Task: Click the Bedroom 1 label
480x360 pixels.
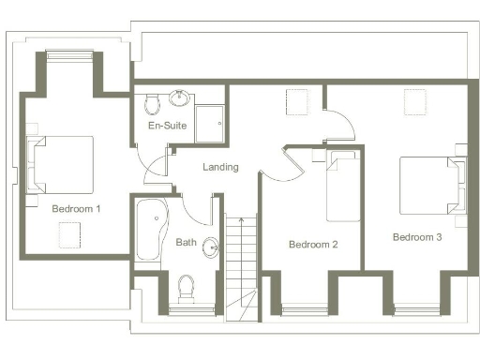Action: click(76, 208)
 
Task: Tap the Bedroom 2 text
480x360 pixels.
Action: click(312, 245)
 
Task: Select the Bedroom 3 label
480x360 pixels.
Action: click(417, 236)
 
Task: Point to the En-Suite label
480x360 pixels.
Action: click(167, 126)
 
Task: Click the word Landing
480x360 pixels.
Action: click(220, 167)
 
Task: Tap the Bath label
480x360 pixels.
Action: click(186, 243)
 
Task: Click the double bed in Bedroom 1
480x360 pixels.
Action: click(62, 164)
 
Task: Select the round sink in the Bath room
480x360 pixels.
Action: click(211, 247)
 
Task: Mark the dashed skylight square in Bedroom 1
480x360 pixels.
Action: click(71, 238)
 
